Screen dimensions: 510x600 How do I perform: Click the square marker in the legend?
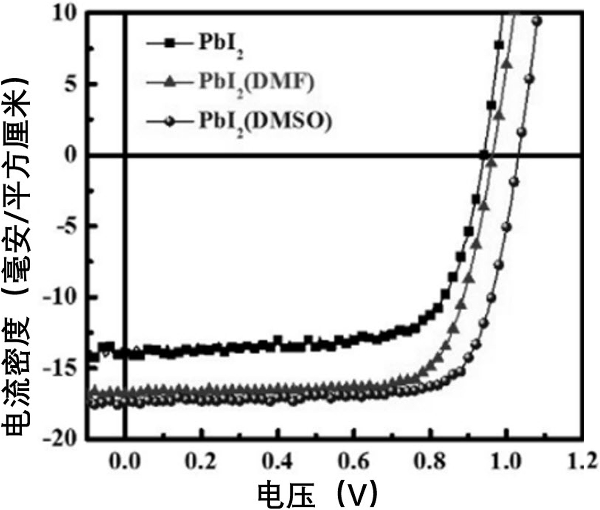point(170,43)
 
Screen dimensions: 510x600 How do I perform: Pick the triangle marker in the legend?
point(170,82)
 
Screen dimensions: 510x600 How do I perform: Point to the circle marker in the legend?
point(170,122)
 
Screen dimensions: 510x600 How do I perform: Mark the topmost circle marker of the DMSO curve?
point(538,21)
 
